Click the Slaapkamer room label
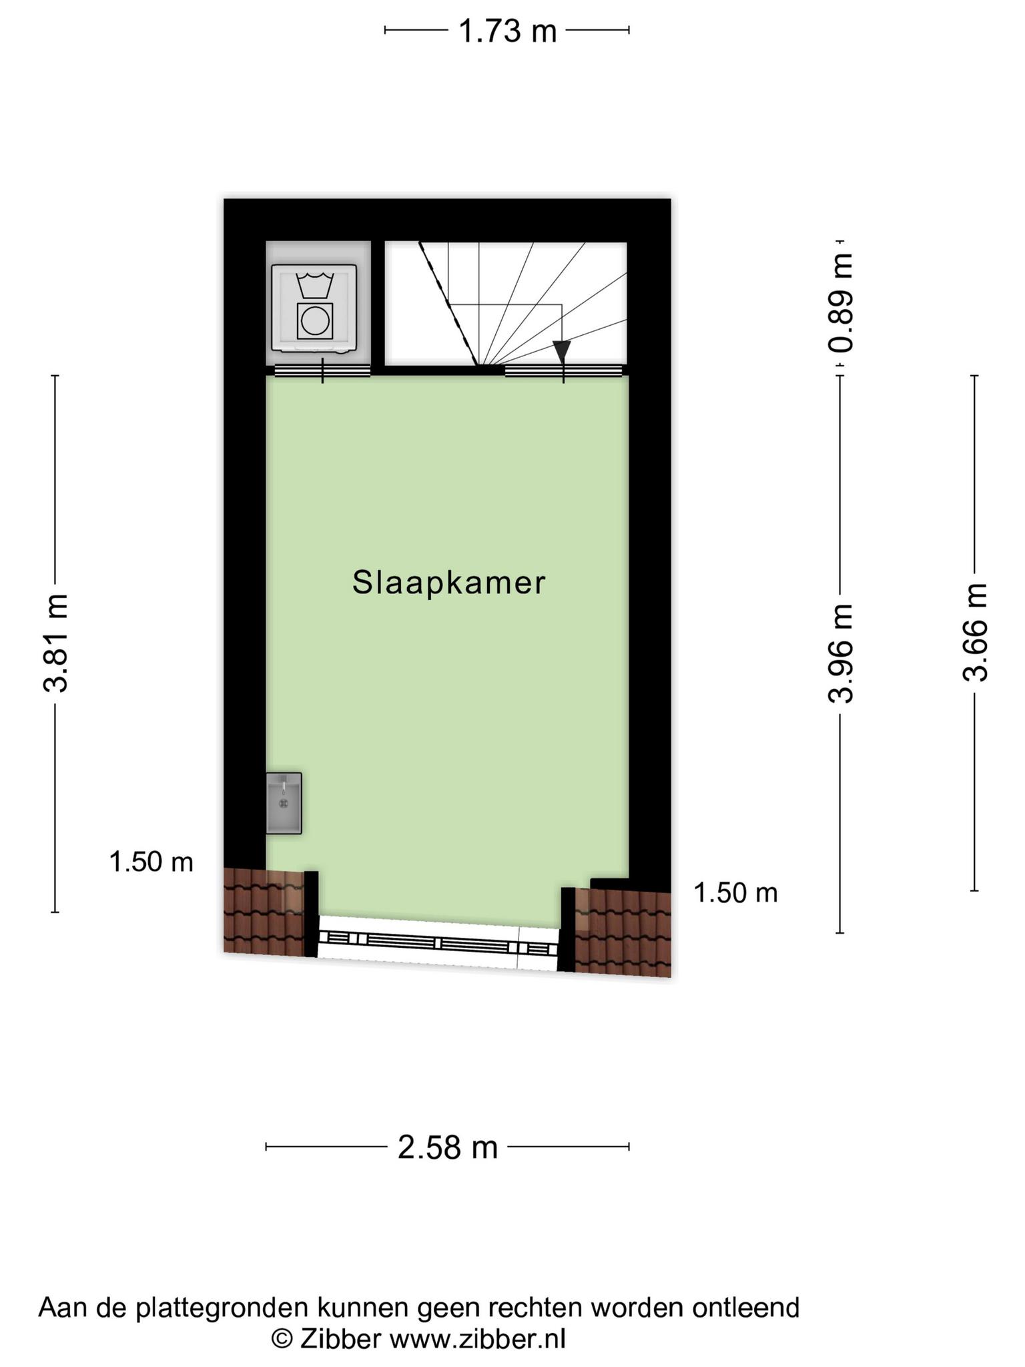pos(448,583)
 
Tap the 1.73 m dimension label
pos(508,31)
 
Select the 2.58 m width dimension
pos(448,1147)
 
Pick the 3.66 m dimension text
pos(975,632)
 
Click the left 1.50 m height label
pos(151,862)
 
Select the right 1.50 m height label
pos(736,892)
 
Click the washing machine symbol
pos(314,308)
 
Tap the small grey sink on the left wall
pos(284,803)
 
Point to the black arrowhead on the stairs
pos(562,351)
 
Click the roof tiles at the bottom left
pos(264,911)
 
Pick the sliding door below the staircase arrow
pos(564,371)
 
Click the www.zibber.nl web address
pos(477,1339)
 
